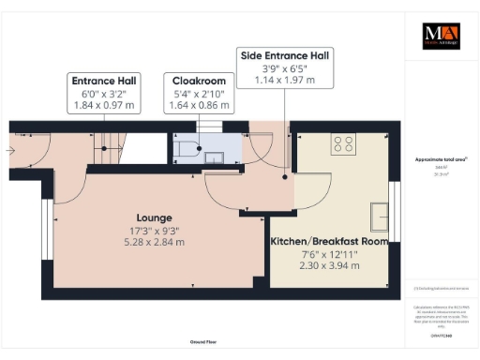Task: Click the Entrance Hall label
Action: point(105,81)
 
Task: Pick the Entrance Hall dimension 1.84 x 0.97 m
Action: point(105,105)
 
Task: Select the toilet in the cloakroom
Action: point(184,147)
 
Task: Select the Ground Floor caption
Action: point(206,342)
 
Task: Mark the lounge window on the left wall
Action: point(47,227)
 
